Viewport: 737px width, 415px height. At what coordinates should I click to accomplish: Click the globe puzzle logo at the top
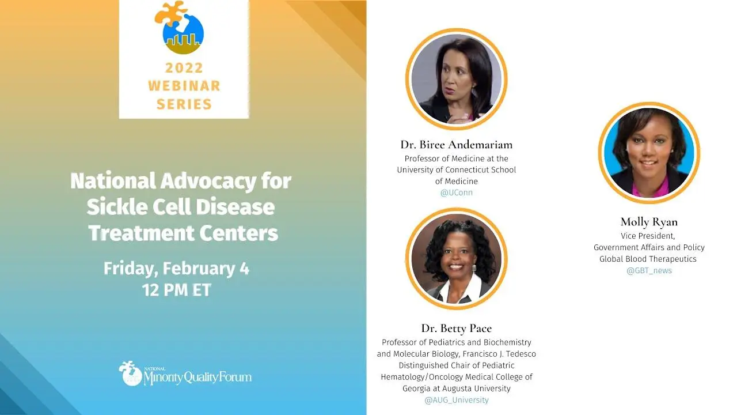click(179, 28)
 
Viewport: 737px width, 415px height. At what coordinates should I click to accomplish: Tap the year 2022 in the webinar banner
click(184, 68)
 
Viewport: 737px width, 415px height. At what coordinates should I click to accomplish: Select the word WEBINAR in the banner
click(184, 86)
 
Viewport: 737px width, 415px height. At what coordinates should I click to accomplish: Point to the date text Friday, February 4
click(177, 269)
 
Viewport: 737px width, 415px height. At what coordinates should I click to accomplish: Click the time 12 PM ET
click(177, 290)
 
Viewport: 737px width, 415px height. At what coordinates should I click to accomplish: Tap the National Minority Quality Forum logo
click(185, 373)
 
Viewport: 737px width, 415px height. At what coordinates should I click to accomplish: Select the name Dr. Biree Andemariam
click(457, 145)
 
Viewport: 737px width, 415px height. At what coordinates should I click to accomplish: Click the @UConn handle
click(457, 193)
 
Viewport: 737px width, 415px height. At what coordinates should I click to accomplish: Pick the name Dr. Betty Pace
click(457, 329)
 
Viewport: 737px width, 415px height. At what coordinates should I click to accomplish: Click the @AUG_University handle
click(457, 400)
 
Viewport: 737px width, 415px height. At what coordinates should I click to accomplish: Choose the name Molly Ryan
click(649, 222)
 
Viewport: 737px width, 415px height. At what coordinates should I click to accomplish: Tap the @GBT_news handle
click(649, 271)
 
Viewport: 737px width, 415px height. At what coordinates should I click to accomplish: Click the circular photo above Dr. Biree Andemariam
click(457, 79)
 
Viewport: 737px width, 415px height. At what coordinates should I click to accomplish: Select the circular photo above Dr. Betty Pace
click(457, 259)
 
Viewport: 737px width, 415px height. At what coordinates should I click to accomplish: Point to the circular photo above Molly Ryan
click(649, 153)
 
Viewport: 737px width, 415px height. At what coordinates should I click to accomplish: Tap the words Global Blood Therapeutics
click(648, 259)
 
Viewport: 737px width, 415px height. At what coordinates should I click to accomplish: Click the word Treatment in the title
click(142, 233)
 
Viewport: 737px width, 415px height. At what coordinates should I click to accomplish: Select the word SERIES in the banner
click(184, 104)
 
